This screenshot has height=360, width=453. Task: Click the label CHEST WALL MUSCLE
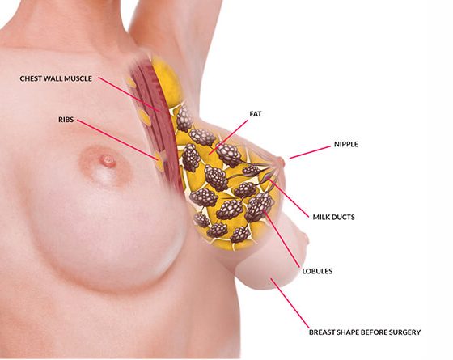click(56, 78)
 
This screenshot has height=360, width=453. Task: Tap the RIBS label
click(66, 120)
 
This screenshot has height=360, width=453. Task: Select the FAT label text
click(256, 114)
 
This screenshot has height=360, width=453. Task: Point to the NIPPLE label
click(346, 144)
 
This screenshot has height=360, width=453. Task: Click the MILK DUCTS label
click(333, 217)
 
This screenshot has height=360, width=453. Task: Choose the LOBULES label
click(317, 271)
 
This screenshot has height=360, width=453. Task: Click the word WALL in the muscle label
click(55, 78)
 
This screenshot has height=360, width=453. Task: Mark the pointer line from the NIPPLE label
click(310, 152)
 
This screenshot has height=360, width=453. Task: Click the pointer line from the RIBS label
click(117, 139)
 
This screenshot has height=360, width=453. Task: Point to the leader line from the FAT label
click(228, 137)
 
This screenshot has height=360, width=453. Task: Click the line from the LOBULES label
click(281, 239)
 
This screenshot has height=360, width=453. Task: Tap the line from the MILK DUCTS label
click(289, 197)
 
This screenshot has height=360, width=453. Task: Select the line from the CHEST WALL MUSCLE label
click(129, 94)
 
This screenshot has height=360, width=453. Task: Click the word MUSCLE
click(78, 78)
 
